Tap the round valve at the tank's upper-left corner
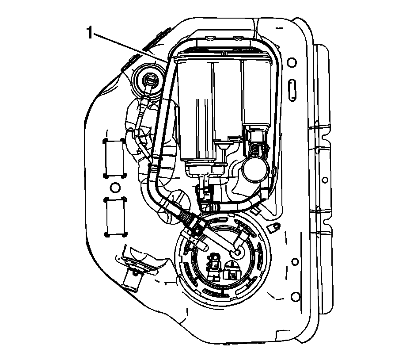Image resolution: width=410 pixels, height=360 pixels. click(x=150, y=81)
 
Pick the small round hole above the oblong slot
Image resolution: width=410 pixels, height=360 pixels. click(x=290, y=62)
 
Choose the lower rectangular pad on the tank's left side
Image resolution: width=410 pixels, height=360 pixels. click(x=115, y=216)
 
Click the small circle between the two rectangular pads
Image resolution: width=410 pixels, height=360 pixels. click(x=114, y=187)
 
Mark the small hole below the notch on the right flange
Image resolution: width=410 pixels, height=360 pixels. click(x=325, y=180)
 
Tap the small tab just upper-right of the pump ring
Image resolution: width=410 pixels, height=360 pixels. click(x=274, y=227)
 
